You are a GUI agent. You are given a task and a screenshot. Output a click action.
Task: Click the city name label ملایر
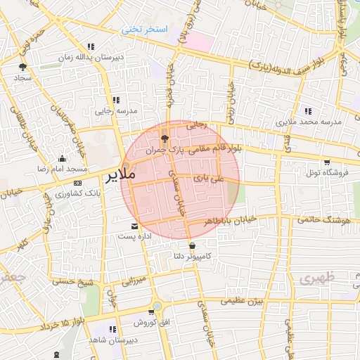(x=120, y=176)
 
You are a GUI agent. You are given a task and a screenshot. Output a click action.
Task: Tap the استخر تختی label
(x=146, y=30)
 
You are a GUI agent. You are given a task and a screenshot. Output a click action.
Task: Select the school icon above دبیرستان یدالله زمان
(x=91, y=46)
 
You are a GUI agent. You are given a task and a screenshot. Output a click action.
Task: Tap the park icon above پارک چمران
(x=165, y=139)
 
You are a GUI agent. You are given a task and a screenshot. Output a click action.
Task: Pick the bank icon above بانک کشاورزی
(x=77, y=182)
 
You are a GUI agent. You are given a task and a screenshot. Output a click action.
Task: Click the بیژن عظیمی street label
(x=242, y=300)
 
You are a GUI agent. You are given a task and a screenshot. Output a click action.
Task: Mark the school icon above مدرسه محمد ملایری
(x=308, y=110)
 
